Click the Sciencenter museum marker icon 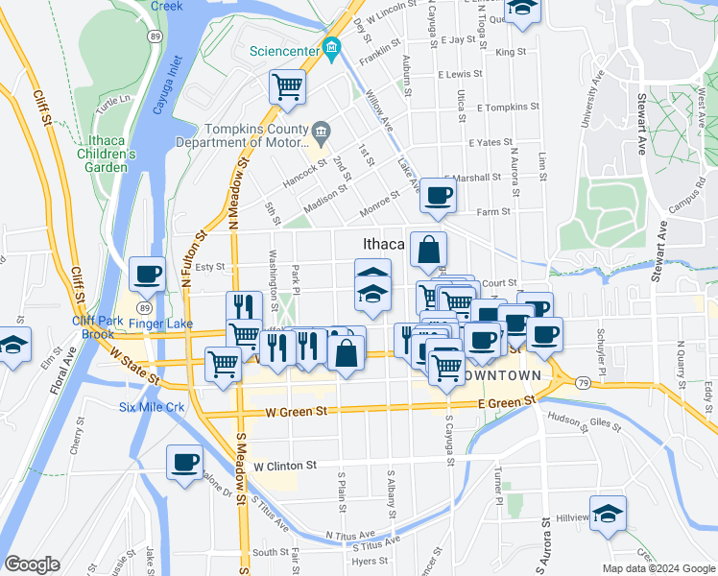click(x=332, y=46)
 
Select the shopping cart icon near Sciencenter click(x=287, y=87)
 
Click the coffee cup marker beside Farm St click(x=438, y=195)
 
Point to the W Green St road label click(x=297, y=412)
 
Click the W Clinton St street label click(x=285, y=466)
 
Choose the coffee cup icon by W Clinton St click(x=184, y=462)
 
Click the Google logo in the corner click(x=33, y=564)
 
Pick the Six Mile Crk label click(x=151, y=407)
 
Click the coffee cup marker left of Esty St click(x=147, y=275)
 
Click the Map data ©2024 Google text click(x=658, y=568)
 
